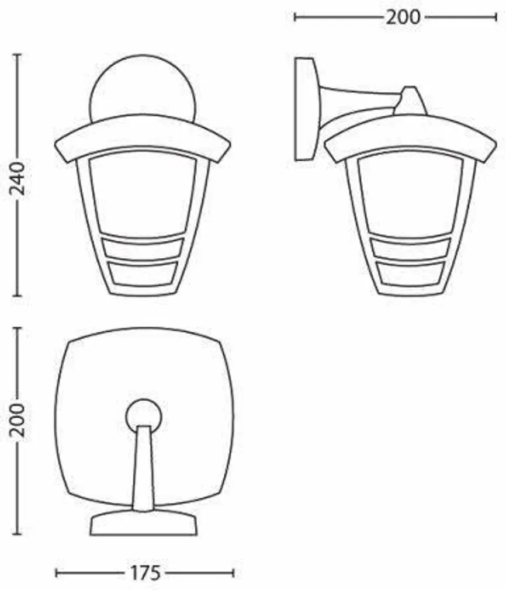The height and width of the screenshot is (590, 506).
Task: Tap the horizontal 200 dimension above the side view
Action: tap(402, 17)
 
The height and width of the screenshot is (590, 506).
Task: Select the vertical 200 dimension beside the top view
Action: tap(17, 420)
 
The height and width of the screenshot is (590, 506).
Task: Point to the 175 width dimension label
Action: tap(144, 573)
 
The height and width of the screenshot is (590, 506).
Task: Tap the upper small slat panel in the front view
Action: tap(143, 248)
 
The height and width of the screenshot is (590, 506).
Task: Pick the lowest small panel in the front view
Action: tap(143, 273)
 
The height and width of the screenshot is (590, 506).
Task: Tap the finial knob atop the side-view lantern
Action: tap(411, 100)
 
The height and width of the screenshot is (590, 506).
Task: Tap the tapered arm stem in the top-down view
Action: tap(143, 467)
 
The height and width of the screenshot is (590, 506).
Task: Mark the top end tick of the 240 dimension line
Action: tap(17, 55)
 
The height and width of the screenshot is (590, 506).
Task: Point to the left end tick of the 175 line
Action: tap(57, 573)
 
